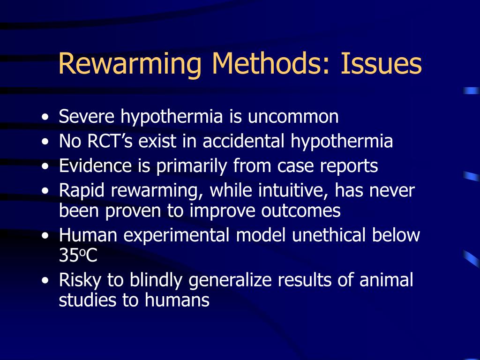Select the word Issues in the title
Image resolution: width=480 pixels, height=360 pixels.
pos(381,63)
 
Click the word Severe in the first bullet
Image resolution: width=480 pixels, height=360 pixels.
pos(87,116)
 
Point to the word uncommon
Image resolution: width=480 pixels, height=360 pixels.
pos(293,117)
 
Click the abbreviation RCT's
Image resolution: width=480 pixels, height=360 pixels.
pos(110,141)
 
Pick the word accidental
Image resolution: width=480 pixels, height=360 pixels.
pos(244,141)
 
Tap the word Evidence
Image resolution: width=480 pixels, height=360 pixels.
pos(95,165)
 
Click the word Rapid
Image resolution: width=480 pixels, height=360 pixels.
pos(82,190)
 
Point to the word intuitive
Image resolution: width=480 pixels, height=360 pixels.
pos(293,190)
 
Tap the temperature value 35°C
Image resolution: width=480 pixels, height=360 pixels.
pos(78,255)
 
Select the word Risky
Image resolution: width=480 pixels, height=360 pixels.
pos(80,280)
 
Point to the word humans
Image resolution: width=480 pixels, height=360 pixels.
pos(177,300)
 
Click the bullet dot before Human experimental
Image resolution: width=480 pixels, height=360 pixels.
pos(45,236)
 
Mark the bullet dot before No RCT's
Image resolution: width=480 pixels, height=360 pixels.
pos(45,142)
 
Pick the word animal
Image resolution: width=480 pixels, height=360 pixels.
pos(386,280)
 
